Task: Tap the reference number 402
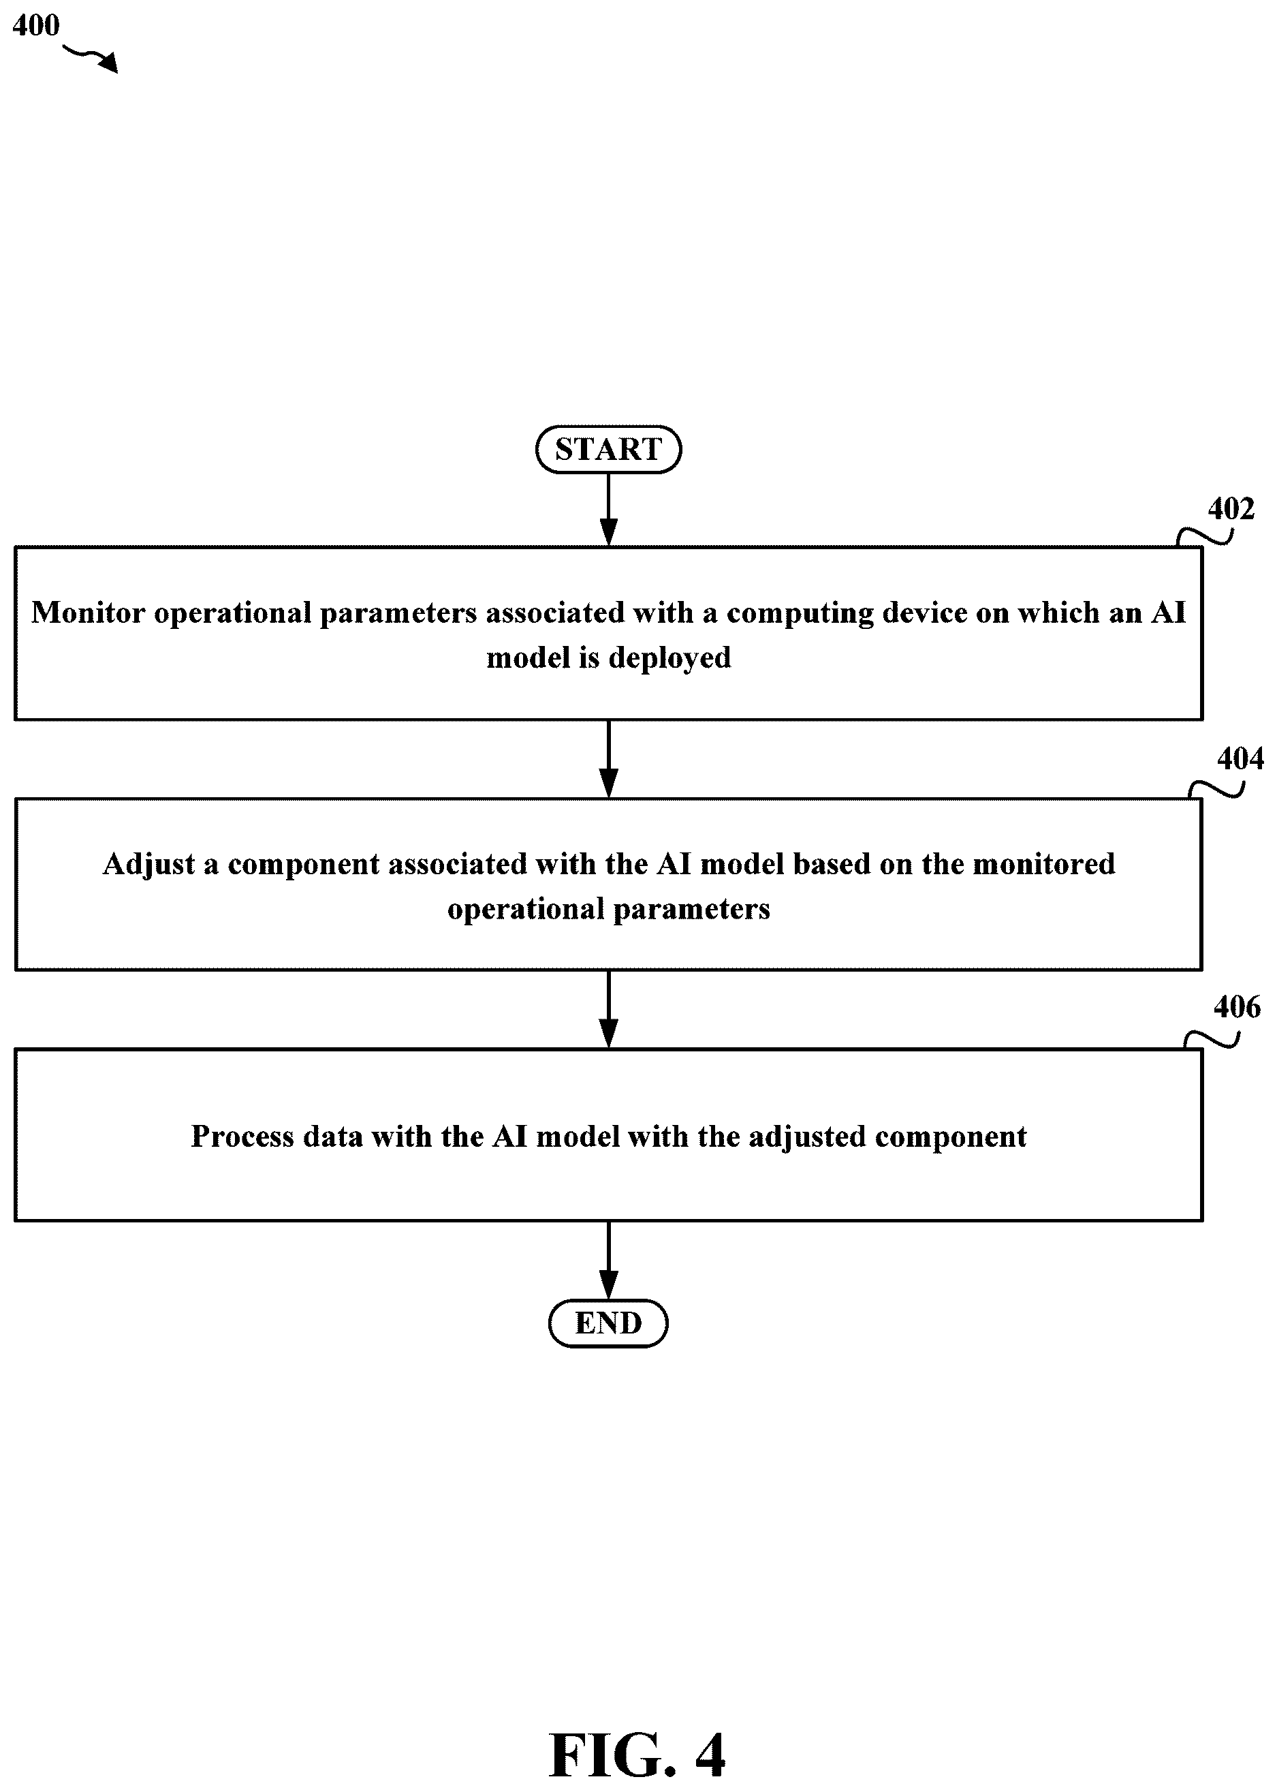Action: [1231, 509]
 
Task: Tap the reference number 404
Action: [1240, 758]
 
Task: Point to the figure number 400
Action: [36, 25]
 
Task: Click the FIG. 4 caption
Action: [637, 1755]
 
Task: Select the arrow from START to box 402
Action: [609, 510]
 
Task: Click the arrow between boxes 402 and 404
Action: [609, 759]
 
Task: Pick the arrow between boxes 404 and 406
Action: [609, 1009]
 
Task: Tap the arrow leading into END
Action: [609, 1260]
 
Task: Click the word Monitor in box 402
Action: [88, 613]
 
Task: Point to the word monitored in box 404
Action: [1044, 864]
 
